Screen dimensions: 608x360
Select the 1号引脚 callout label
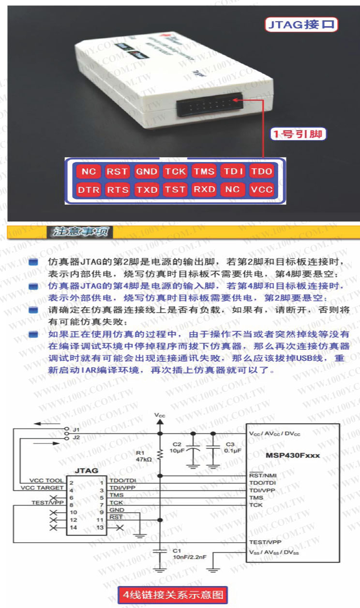pos(297,134)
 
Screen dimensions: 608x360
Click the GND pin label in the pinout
pos(146,171)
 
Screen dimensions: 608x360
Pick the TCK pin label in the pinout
pos(175,171)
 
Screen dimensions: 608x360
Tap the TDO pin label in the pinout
pos(261,171)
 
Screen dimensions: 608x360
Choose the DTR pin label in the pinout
pos(89,190)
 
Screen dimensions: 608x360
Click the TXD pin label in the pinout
pos(146,190)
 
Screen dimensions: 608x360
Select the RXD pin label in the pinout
pos(204,190)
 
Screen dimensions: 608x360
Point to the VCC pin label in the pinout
pos(261,190)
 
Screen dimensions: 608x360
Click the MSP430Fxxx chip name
pos(293,456)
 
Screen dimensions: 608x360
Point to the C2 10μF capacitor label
pos(177,447)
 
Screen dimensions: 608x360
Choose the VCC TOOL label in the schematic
pos(45,481)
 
